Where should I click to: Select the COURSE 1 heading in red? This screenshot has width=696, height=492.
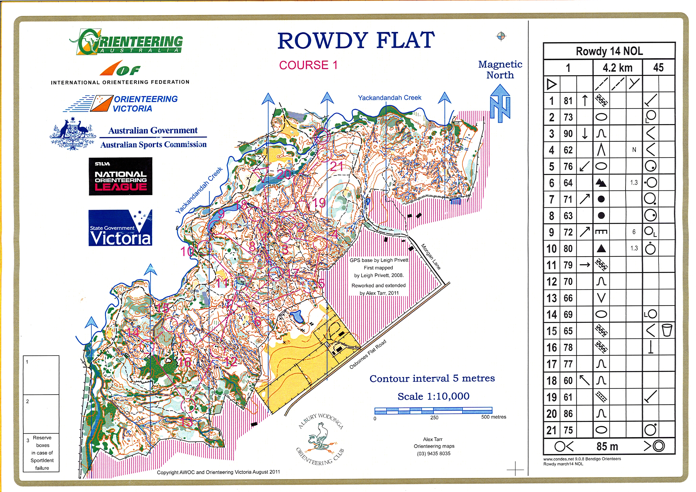(308, 65)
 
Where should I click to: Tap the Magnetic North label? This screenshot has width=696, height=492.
(500, 69)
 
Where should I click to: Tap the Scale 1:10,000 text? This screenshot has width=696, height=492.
(433, 396)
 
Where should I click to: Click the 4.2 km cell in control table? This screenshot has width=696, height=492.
(617, 68)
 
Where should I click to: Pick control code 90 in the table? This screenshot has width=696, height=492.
(568, 134)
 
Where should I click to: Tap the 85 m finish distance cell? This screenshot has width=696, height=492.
(607, 446)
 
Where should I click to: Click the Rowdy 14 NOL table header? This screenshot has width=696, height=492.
(609, 51)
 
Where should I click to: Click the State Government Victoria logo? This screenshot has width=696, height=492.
(120, 228)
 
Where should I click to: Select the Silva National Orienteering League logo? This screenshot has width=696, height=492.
(120, 176)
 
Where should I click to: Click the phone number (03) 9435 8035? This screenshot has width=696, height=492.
(433, 454)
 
